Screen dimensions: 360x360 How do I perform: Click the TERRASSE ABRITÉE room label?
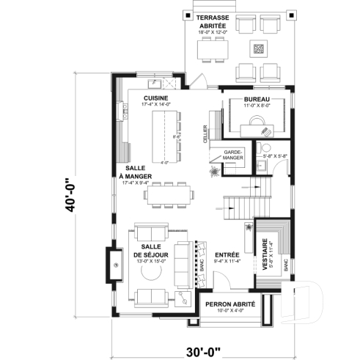click(x=213, y=21)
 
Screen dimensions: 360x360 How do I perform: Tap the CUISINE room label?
click(x=155, y=98)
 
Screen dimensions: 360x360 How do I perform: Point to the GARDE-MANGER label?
click(x=233, y=157)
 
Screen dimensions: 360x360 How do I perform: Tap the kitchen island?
click(x=162, y=136)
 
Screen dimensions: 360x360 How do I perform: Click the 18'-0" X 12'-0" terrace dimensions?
click(x=213, y=32)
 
